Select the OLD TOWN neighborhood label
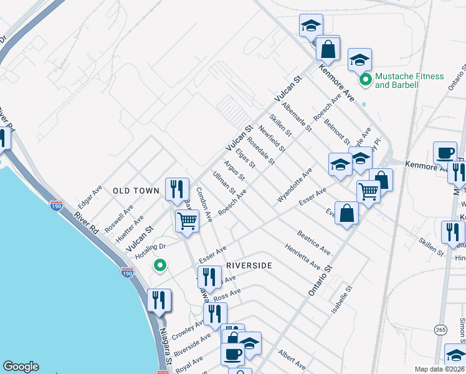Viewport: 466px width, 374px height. click(136, 191)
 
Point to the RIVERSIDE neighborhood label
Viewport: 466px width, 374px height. click(249, 266)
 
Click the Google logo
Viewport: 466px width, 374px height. click(21, 367)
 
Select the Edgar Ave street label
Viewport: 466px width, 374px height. click(89, 198)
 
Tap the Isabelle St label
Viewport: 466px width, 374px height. click(341, 300)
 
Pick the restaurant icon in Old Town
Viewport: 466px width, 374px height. click(177, 188)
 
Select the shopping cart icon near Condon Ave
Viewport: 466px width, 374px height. click(187, 221)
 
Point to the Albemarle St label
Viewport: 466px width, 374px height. click(297, 116)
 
